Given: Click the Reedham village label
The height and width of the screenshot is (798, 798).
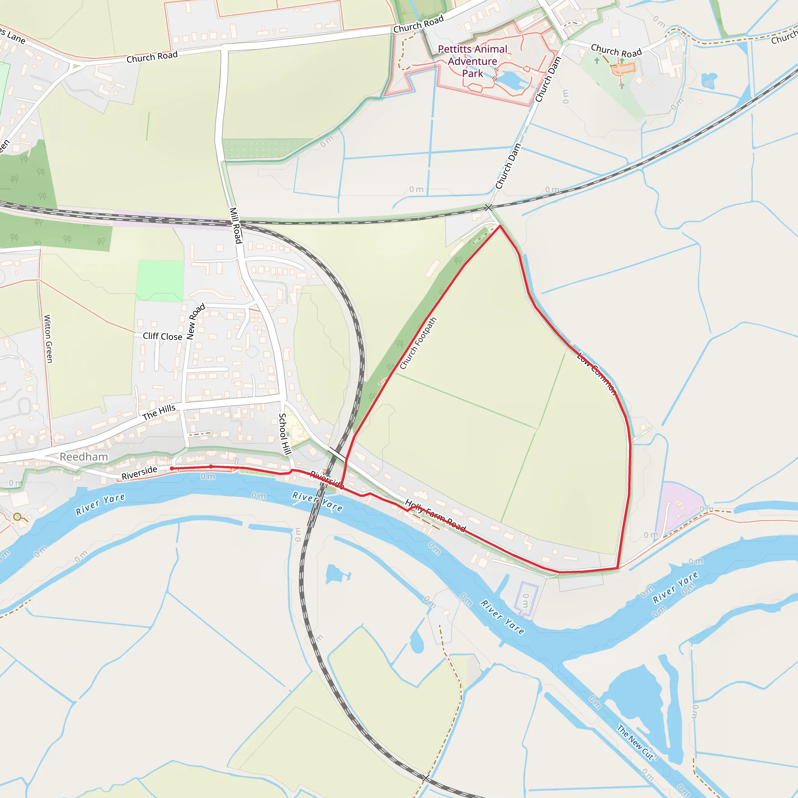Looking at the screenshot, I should click(x=84, y=457).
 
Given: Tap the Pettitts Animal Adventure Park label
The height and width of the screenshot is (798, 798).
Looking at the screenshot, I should click(x=473, y=61).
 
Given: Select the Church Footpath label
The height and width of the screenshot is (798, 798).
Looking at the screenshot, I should click(x=418, y=343).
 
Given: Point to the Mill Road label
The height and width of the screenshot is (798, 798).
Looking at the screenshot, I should click(x=235, y=226).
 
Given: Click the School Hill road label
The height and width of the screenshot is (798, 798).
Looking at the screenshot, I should click(x=284, y=434).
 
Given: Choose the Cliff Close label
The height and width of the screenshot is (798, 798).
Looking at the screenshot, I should click(x=162, y=336).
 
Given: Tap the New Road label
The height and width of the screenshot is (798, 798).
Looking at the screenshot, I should click(x=195, y=322).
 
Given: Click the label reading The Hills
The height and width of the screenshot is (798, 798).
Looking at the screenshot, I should click(x=159, y=412).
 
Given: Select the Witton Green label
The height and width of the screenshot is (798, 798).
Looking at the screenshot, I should click(x=48, y=339).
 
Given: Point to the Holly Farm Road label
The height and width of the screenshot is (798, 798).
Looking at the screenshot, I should click(x=435, y=516).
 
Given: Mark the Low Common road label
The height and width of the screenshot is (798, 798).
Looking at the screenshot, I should click(x=597, y=373).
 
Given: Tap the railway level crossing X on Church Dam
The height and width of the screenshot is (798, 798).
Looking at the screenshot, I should click(x=489, y=208).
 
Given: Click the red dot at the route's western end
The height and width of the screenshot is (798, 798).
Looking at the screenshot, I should click(x=172, y=468).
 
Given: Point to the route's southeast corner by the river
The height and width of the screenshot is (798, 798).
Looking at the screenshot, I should click(x=617, y=568).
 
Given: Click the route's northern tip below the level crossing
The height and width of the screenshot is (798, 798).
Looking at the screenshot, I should click(x=500, y=226).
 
